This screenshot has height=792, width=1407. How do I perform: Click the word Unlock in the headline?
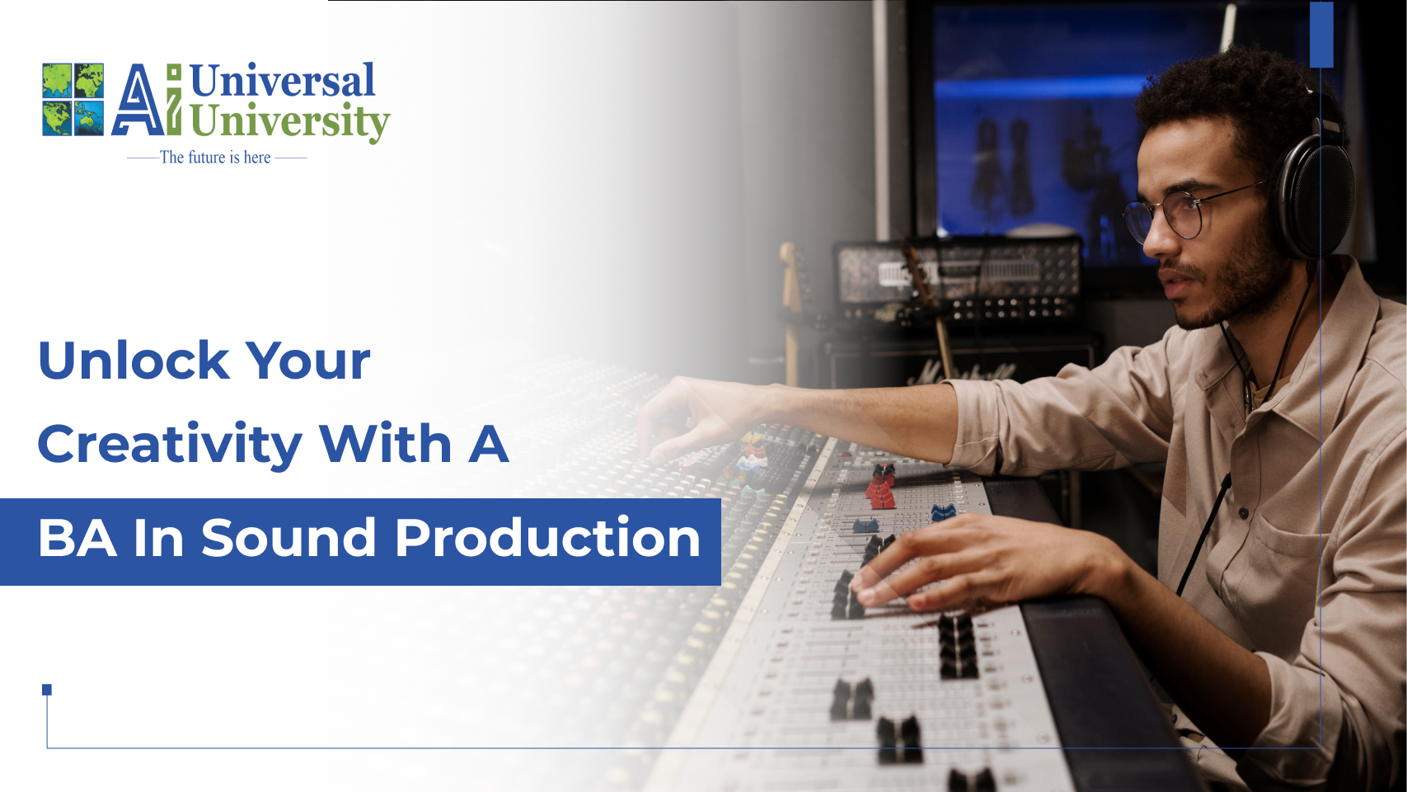134,361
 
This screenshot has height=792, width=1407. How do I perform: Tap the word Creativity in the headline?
170,445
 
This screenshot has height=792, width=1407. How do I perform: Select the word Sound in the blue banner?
288,538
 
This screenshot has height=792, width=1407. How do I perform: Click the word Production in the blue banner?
547,537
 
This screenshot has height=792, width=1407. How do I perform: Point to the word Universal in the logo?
282,81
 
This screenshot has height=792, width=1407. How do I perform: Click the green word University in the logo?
289,121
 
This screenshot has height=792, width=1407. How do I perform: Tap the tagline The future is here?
215,157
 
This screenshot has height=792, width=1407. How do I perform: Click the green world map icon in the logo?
73,99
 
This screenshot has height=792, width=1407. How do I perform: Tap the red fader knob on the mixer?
881,487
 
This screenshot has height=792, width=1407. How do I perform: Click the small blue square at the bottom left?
46,690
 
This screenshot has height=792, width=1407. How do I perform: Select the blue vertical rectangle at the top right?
1321,34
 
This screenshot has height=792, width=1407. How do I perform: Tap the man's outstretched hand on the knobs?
697,417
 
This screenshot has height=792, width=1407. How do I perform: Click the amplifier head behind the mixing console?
957,280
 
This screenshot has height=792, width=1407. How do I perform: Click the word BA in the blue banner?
77,538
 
